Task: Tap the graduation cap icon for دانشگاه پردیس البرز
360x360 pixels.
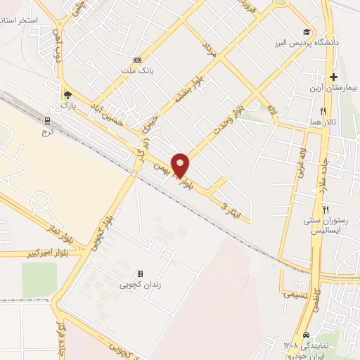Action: click(x=306, y=32)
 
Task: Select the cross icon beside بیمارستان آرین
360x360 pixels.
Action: click(x=334, y=76)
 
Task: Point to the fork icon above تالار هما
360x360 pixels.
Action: click(x=323, y=111)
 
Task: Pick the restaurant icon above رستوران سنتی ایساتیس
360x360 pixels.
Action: click(x=326, y=210)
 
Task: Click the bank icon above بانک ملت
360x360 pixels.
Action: click(x=137, y=60)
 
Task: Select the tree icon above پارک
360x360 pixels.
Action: click(x=67, y=95)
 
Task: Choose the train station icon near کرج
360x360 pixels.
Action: click(x=48, y=121)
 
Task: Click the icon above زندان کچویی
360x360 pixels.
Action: click(x=140, y=274)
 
